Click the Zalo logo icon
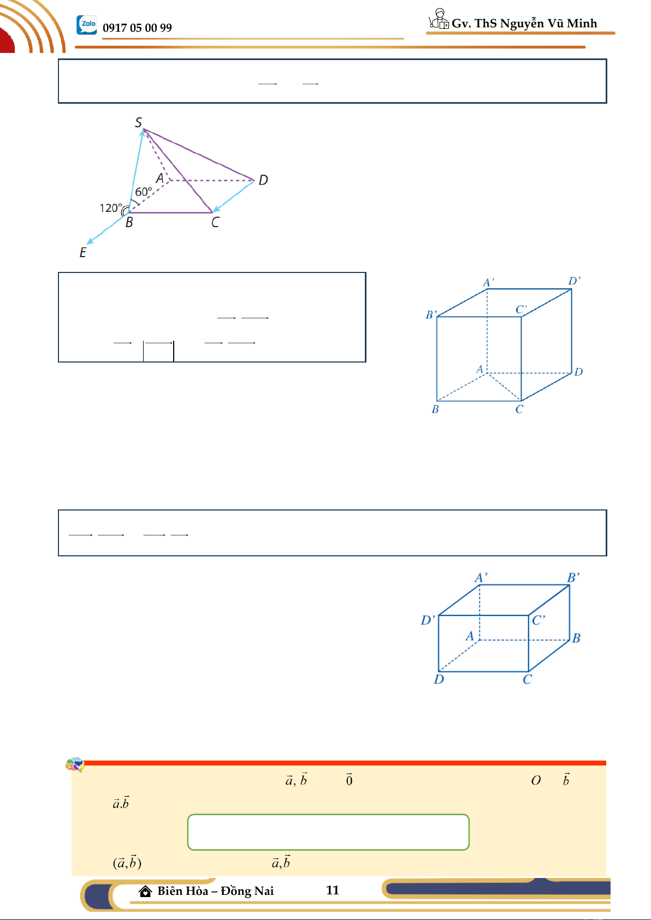[87, 25]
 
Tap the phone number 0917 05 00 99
[137, 28]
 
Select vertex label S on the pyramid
[138, 122]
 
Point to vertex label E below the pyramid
[82, 252]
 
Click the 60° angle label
[143, 192]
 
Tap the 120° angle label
[111, 208]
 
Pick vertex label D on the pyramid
[263, 180]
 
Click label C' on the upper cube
[521, 309]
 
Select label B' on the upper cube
[431, 314]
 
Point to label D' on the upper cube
[574, 281]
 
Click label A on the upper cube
[480, 369]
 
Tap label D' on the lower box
[427, 620]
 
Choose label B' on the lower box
[573, 578]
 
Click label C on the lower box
[527, 679]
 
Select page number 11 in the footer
[332, 890]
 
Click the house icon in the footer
[145, 891]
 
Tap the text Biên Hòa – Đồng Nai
[215, 891]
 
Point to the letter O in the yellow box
[536, 780]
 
